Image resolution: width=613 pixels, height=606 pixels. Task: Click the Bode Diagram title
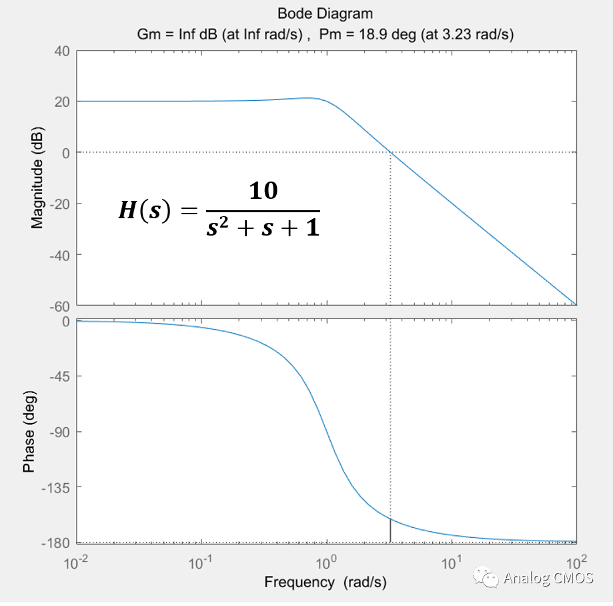[x=326, y=13]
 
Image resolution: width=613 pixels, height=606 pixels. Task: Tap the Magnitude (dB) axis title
[x=37, y=178]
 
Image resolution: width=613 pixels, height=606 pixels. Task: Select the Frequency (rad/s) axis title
[x=326, y=582]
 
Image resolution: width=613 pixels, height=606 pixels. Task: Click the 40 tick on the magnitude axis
[x=62, y=51]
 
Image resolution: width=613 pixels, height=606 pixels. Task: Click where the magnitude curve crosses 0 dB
[x=390, y=152]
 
